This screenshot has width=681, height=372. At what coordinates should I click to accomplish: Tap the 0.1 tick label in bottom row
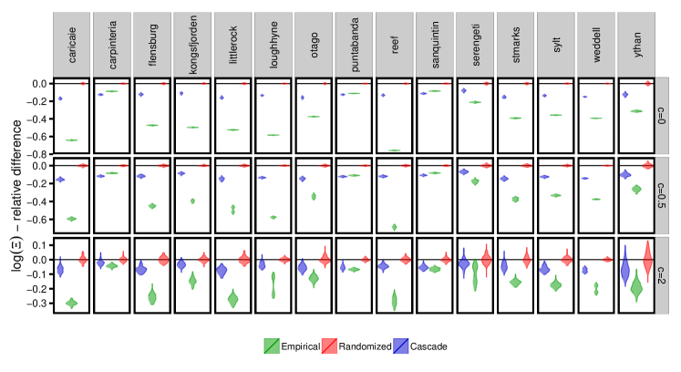point(40,245)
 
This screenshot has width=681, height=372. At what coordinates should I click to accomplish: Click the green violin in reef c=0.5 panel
point(394,226)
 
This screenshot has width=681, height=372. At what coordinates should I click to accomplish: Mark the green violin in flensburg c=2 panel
point(152,294)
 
